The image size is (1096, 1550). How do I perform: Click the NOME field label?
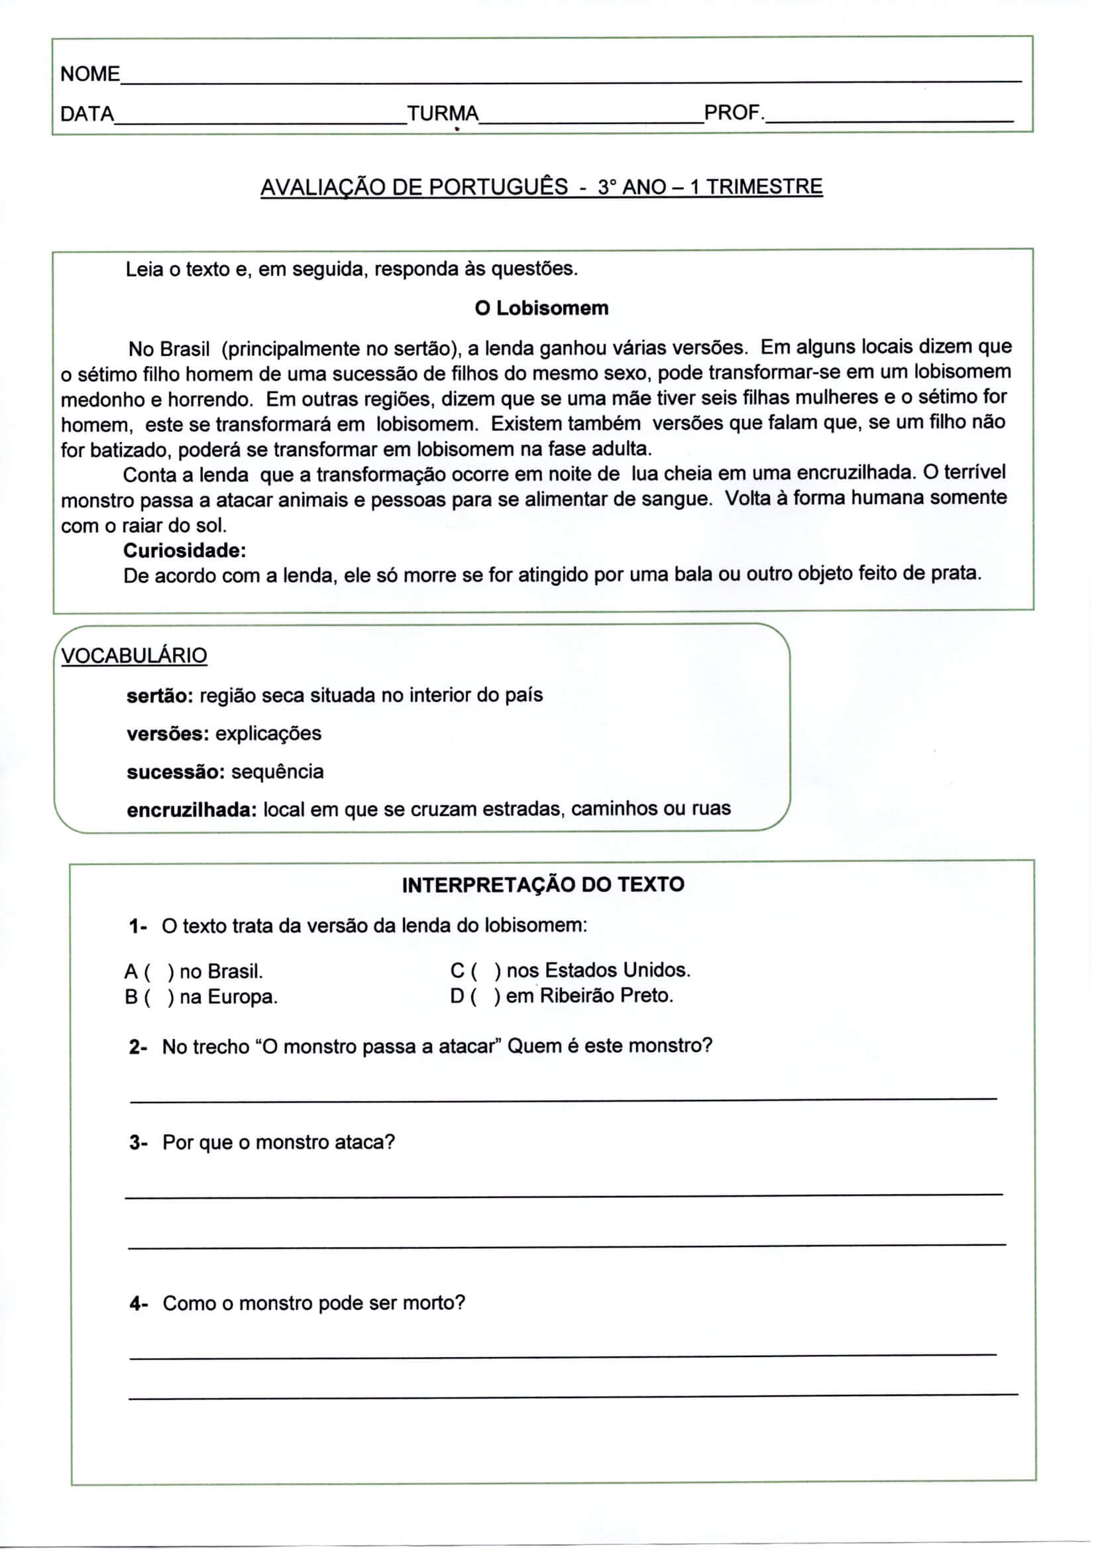click(89, 74)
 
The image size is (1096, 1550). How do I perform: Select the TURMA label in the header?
click(443, 113)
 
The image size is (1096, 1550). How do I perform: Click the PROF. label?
click(734, 113)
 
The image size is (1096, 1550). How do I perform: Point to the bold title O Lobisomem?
click(541, 308)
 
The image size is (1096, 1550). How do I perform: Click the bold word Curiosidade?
click(184, 551)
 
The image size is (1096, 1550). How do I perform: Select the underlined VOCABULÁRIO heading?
click(134, 656)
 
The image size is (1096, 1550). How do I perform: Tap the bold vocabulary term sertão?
click(160, 695)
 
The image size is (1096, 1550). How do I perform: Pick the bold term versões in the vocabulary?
click(168, 734)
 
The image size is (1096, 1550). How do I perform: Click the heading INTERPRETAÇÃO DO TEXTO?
click(543, 885)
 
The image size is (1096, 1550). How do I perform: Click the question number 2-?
click(138, 1047)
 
